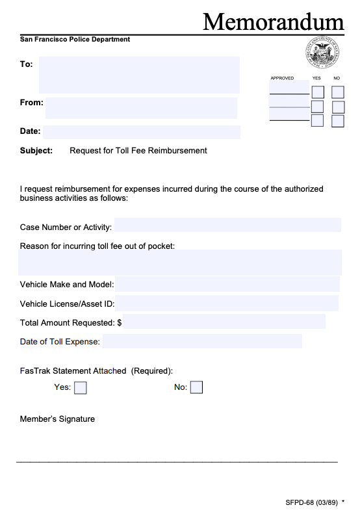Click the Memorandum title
[273, 21]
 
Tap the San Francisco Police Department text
[75, 40]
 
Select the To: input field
[139, 75]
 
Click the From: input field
[141, 108]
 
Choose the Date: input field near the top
[141, 132]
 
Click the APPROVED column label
[282, 78]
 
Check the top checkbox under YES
[318, 92]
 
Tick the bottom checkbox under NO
[338, 121]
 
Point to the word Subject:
[36, 151]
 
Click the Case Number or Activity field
[227, 226]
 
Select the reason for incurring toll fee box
[180, 262]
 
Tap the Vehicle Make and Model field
[227, 284]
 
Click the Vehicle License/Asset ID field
[227, 303]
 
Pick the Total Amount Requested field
[224, 322]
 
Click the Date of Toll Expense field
[202, 341]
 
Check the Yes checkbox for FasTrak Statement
[81, 388]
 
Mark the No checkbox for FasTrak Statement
[196, 388]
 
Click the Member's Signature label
[57, 419]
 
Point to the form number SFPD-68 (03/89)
[311, 502]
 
